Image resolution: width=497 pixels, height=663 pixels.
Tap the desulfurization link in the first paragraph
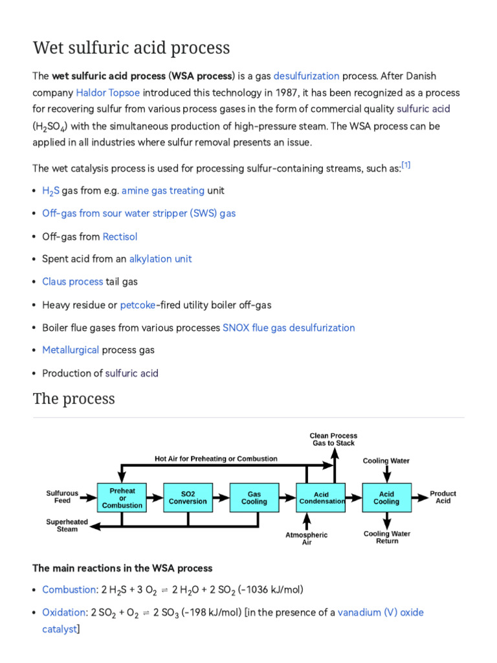click(306, 76)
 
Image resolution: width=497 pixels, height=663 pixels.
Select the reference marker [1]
click(406, 165)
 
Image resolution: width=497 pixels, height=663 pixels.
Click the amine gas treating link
click(163, 190)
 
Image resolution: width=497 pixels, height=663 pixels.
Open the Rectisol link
click(120, 236)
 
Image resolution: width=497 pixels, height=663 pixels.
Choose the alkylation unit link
click(160, 259)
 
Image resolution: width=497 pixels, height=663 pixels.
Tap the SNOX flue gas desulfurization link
click(289, 328)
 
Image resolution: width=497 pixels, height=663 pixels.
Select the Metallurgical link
click(71, 350)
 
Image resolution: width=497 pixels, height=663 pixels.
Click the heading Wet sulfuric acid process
click(131, 48)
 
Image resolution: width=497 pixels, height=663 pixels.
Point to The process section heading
click(74, 398)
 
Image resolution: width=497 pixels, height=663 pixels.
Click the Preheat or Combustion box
click(122, 497)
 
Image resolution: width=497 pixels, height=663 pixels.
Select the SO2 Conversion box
click(188, 497)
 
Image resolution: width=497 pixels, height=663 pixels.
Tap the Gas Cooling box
click(254, 497)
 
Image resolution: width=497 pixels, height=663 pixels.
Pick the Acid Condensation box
click(321, 497)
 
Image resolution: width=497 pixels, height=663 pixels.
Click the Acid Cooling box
click(386, 497)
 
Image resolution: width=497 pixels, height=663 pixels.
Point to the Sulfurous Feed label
click(62, 497)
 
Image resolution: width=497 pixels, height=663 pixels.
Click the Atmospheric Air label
click(307, 539)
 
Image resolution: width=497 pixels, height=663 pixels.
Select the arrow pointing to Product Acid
click(419, 497)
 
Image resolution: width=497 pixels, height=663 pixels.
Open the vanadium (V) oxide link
click(380, 612)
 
